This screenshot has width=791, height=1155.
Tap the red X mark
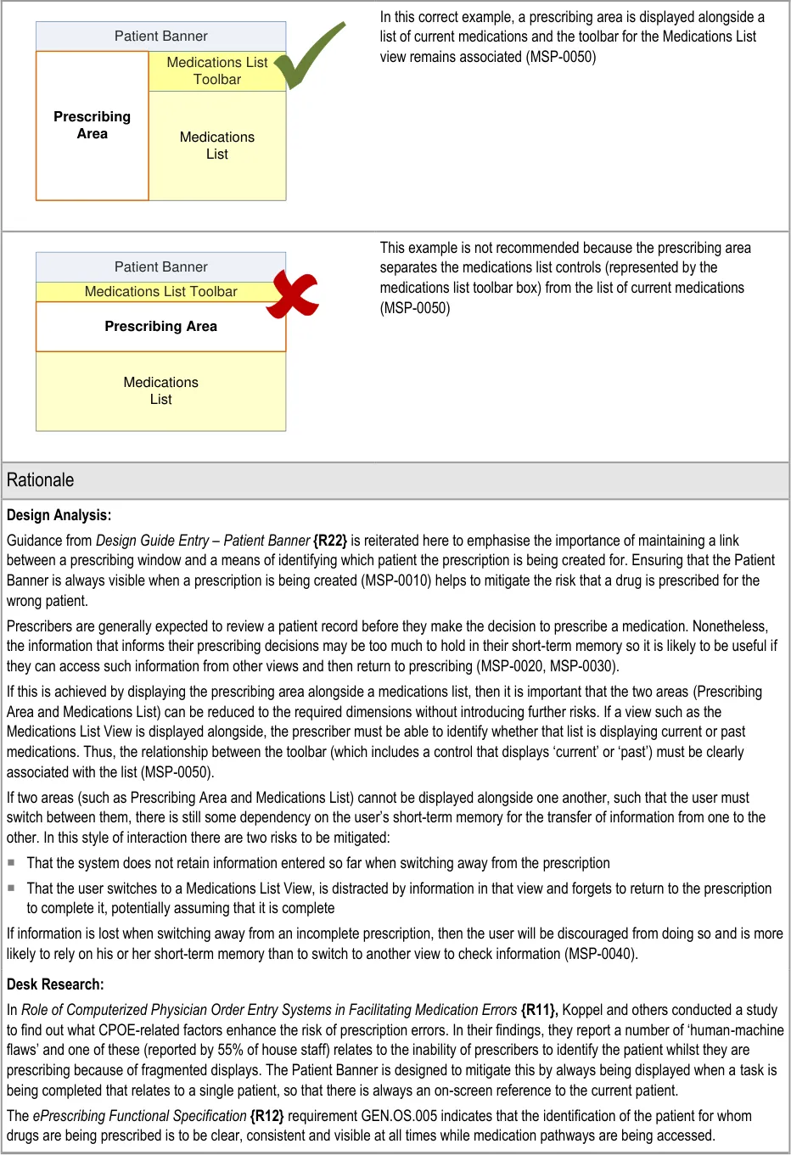[x=293, y=294]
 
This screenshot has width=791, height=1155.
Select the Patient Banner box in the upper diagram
[x=161, y=36]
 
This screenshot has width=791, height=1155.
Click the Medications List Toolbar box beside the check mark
[x=216, y=71]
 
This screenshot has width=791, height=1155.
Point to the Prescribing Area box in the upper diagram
[x=93, y=126]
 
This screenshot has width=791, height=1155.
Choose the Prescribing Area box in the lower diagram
[x=161, y=327]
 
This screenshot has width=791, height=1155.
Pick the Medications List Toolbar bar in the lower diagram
[x=161, y=292]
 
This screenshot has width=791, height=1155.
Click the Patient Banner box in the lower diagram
[x=161, y=267]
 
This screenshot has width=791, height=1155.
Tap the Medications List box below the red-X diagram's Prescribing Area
[x=161, y=391]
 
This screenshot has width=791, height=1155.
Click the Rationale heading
[x=41, y=480]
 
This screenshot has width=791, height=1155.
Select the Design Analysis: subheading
[x=59, y=515]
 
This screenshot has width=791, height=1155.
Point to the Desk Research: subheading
[x=55, y=984]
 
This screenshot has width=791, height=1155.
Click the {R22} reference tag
[x=330, y=541]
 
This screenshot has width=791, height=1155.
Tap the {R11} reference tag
[x=539, y=1010]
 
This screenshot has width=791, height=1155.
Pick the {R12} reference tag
[x=266, y=1116]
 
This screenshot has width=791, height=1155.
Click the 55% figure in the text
[x=230, y=1050]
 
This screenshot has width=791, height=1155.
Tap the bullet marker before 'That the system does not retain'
[x=12, y=862]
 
